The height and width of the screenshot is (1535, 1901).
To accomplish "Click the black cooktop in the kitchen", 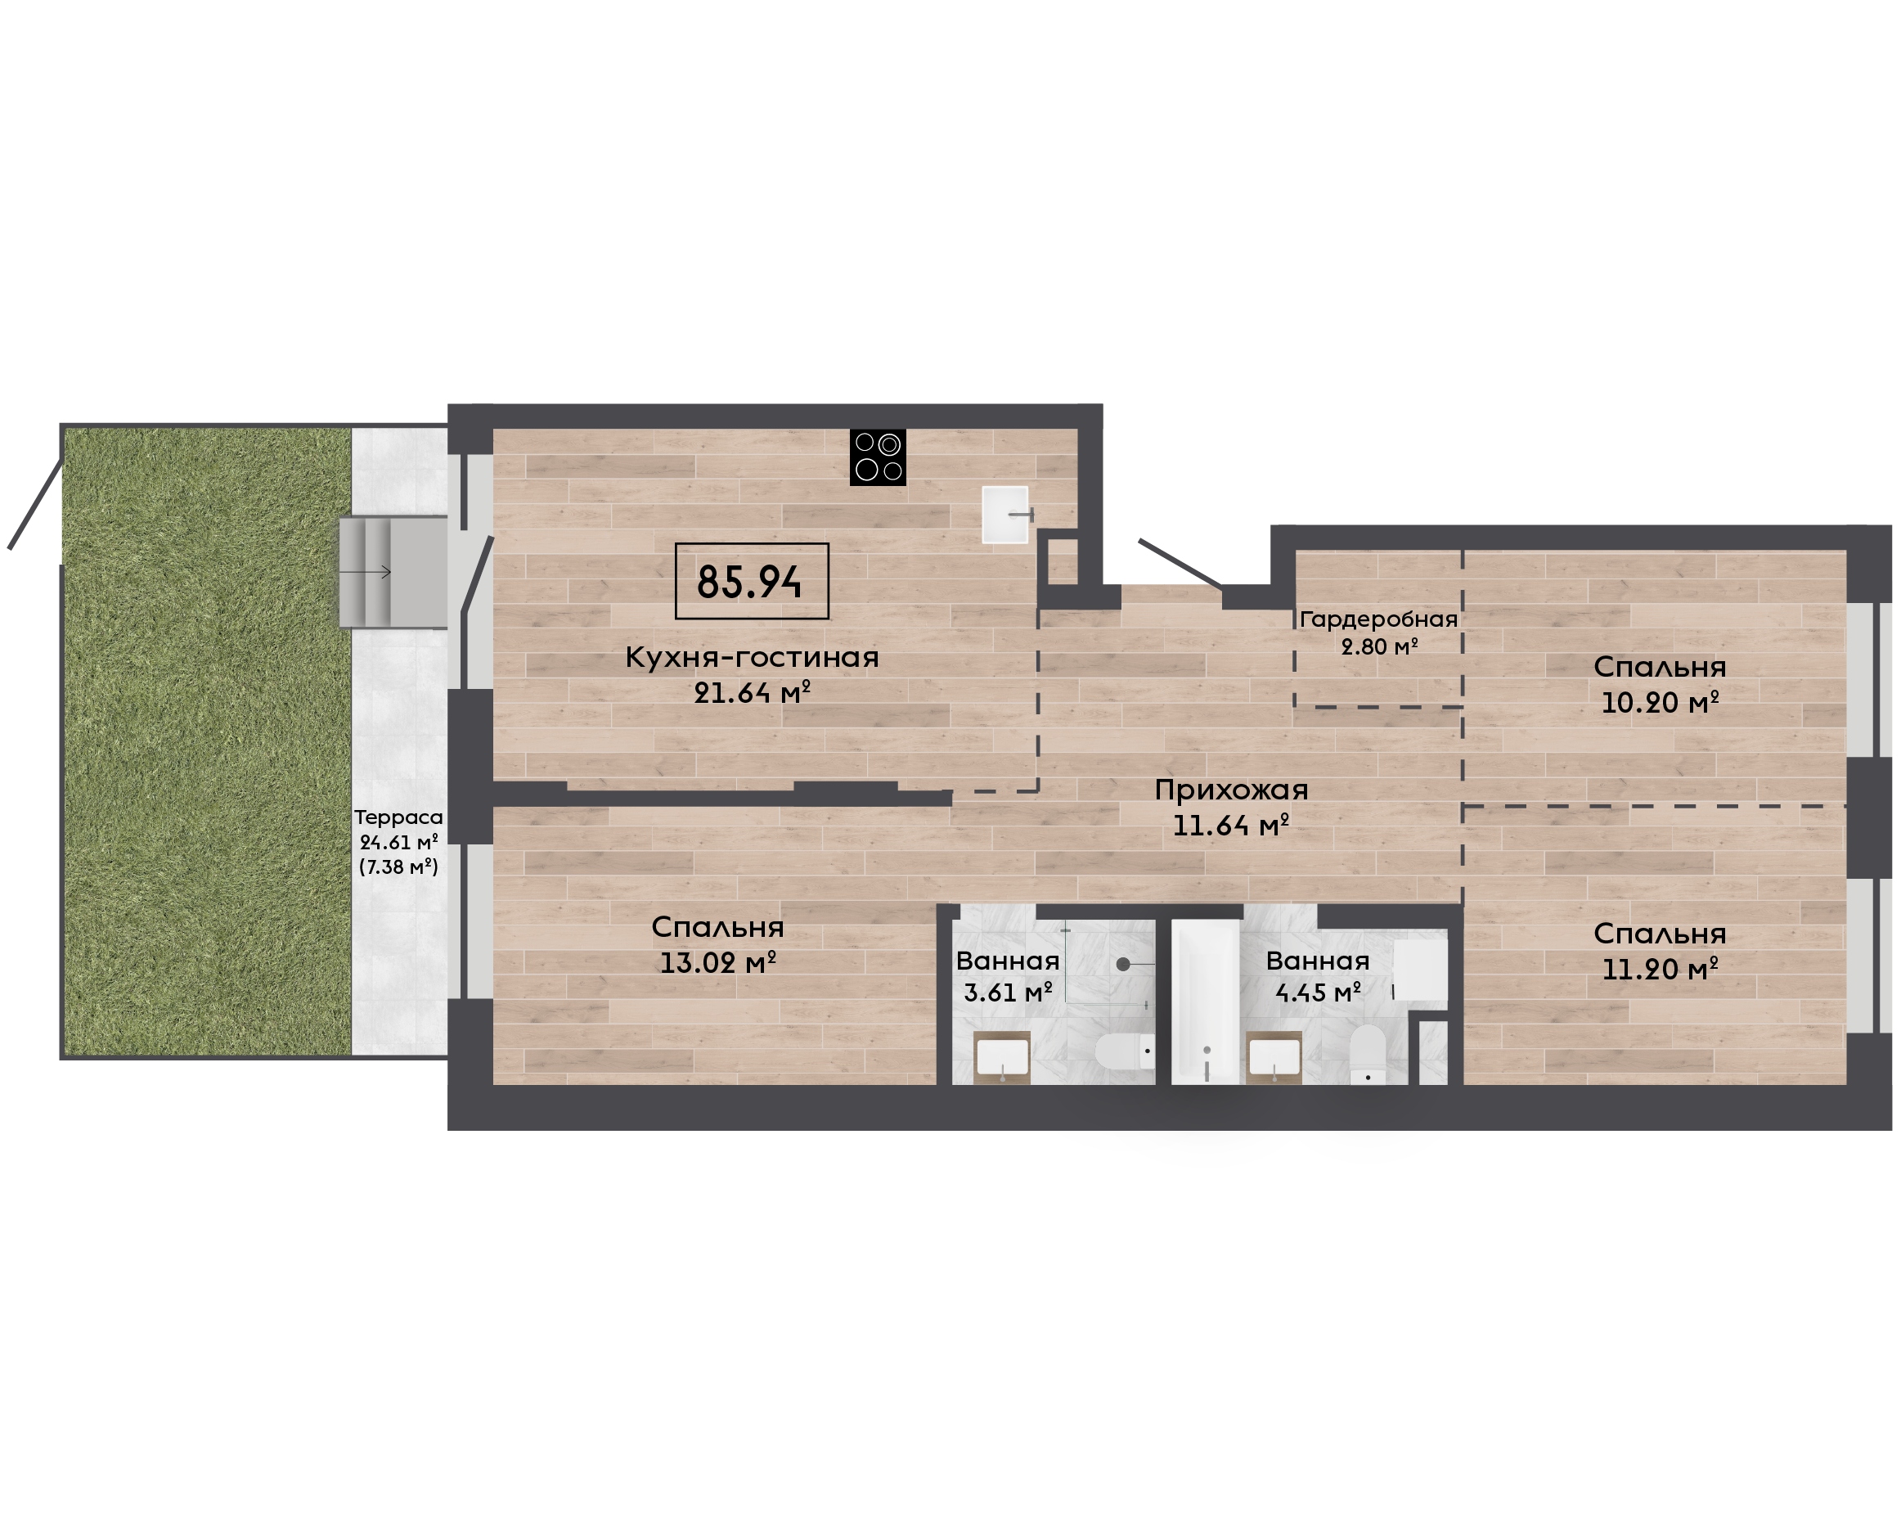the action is (878, 457).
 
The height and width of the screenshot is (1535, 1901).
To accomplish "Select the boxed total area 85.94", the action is (751, 581).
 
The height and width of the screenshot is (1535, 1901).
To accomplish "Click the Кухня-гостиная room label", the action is (752, 657).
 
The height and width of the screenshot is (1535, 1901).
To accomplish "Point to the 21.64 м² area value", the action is (752, 693).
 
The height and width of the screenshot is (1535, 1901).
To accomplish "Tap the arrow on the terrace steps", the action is (364, 572).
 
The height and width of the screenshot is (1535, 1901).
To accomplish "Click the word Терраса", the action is (398, 818).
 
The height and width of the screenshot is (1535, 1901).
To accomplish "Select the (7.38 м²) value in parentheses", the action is (398, 867).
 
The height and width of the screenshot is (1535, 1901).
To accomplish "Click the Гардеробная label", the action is (1377, 619).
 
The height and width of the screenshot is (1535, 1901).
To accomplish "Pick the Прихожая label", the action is (1231, 790).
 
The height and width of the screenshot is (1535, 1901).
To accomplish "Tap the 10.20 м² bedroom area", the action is (1660, 702).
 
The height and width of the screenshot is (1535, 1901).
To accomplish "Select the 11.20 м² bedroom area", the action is (1660, 969).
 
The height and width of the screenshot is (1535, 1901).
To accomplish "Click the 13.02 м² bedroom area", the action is (717, 962).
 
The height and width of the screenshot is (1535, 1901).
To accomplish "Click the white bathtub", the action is (1206, 1002).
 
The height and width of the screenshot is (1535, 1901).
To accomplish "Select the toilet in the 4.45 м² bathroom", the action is (1367, 1054).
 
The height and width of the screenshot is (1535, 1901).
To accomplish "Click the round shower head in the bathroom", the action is (1122, 964).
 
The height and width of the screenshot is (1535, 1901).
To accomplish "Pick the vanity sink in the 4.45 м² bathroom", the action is (1274, 1057).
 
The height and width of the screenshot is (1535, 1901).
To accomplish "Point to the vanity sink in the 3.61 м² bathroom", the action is (1001, 1057).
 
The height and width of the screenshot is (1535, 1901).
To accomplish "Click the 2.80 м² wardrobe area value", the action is (1378, 646).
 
